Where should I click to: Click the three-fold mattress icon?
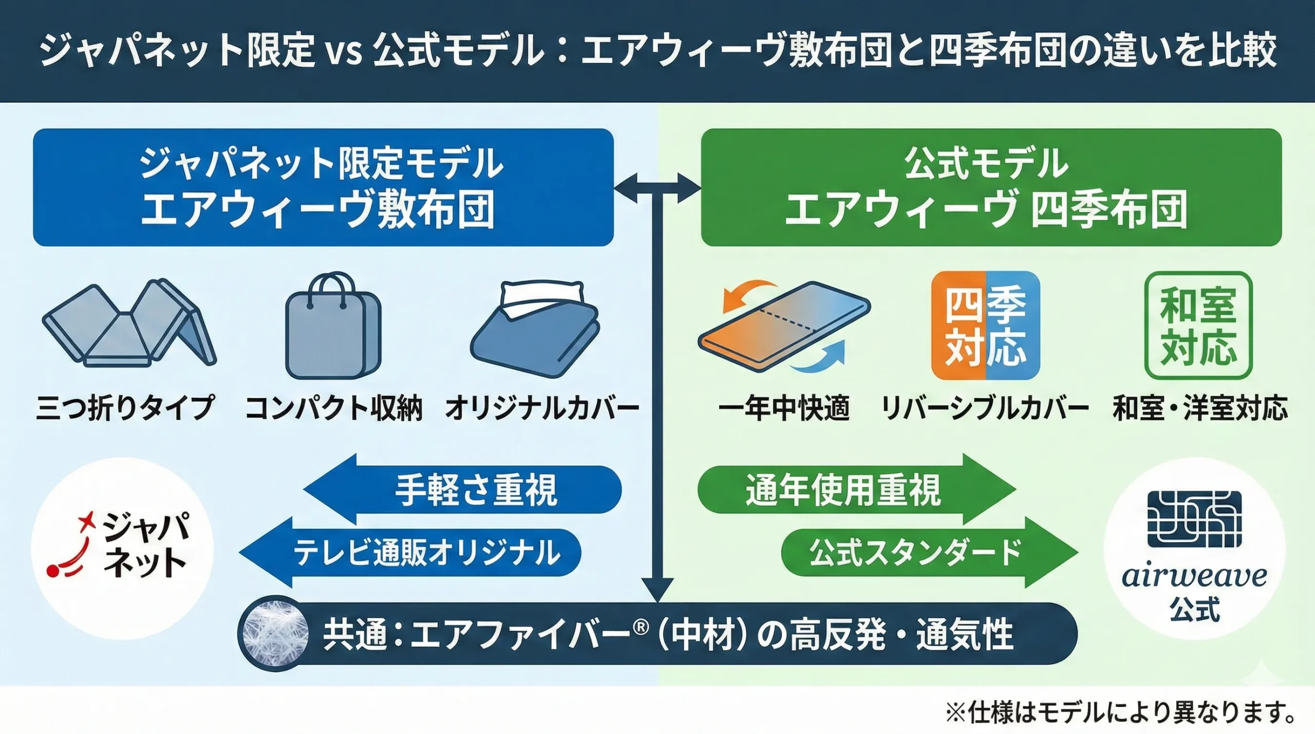click(128, 324)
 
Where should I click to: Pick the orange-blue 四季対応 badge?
click(985, 326)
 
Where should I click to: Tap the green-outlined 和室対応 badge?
click(1198, 326)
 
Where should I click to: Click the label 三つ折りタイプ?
click(125, 408)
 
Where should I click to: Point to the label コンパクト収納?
click(334, 408)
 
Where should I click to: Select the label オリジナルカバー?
click(542, 408)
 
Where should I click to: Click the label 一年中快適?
click(784, 408)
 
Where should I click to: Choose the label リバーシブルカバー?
click(985, 408)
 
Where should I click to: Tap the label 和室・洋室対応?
click(1200, 408)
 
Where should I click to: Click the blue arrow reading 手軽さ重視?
click(462, 490)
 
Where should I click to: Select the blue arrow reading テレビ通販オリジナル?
click(411, 553)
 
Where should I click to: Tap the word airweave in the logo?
click(1194, 576)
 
